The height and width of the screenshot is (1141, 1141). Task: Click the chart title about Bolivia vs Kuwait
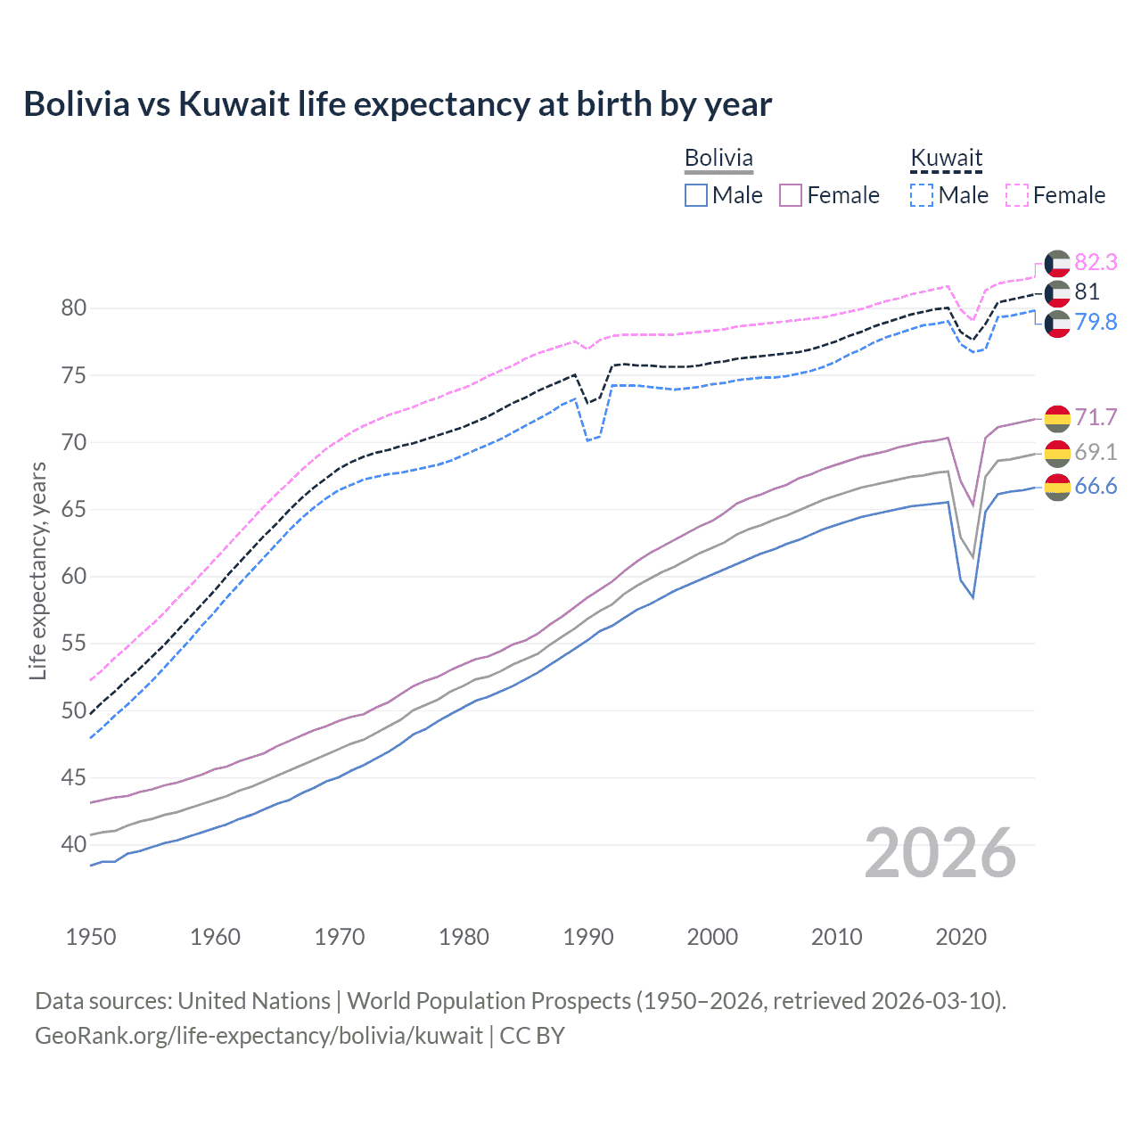click(x=398, y=104)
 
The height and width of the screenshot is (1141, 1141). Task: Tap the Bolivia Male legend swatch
click(x=696, y=195)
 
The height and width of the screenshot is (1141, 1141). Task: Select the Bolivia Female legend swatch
click(x=791, y=195)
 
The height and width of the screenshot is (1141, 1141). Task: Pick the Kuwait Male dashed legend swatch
click(x=922, y=195)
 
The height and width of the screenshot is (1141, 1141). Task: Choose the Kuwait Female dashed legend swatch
click(x=1017, y=195)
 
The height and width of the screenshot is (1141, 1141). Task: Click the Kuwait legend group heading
click(x=946, y=159)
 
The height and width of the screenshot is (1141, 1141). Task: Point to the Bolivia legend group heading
click(x=718, y=159)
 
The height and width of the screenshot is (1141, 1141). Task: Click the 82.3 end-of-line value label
click(x=1096, y=262)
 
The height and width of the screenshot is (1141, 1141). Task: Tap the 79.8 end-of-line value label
click(x=1096, y=322)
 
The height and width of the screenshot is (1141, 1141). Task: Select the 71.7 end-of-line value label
click(x=1096, y=417)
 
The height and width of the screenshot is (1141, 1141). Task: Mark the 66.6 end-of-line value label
click(x=1096, y=486)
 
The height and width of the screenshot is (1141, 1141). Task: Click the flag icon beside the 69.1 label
click(x=1057, y=453)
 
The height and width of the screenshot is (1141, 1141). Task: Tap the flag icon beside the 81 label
click(x=1057, y=292)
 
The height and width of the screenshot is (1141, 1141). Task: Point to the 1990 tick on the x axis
click(x=588, y=937)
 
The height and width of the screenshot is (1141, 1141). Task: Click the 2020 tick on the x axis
click(x=961, y=937)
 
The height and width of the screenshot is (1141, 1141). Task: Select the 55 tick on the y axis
click(x=74, y=644)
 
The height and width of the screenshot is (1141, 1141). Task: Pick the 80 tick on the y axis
click(x=74, y=308)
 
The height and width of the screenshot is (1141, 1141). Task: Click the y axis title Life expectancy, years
click(x=37, y=570)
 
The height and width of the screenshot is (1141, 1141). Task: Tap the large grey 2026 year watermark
click(x=940, y=853)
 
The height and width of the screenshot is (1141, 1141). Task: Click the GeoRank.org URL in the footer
click(x=259, y=1035)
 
